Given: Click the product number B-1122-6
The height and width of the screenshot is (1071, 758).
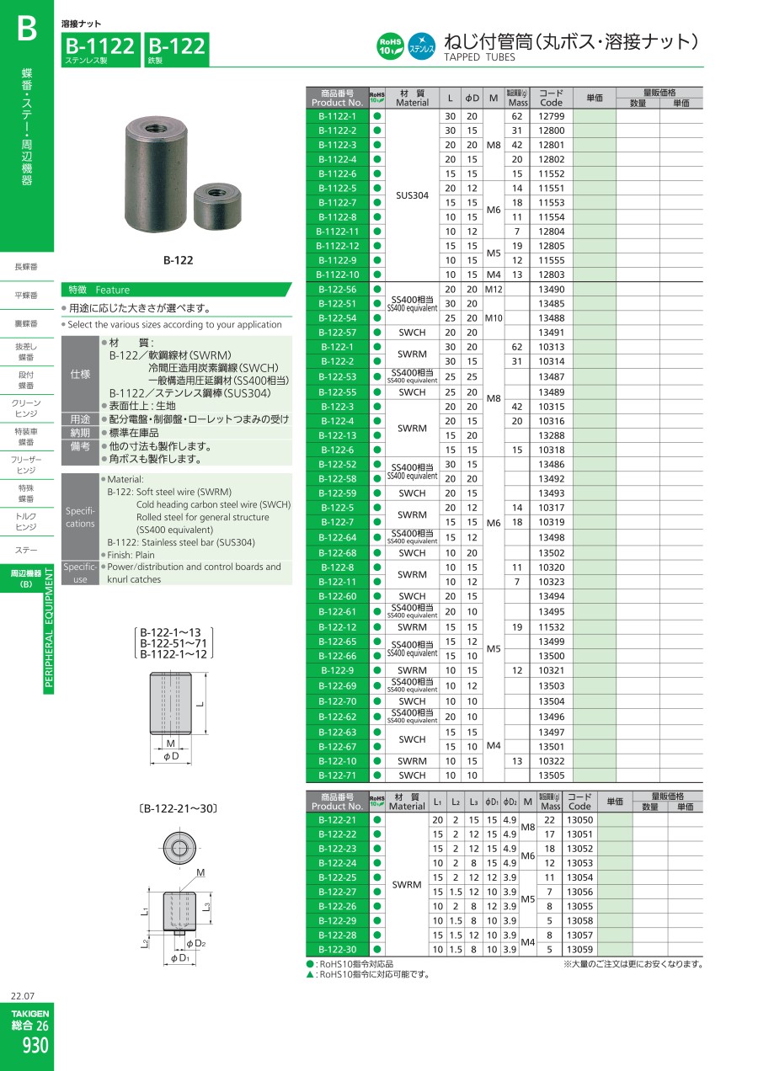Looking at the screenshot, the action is tap(337, 174).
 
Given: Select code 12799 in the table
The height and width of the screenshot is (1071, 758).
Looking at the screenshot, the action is tap(551, 116).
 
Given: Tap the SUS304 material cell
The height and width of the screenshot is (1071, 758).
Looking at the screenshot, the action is tap(412, 195).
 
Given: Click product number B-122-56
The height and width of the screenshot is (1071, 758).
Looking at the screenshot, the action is tap(337, 290).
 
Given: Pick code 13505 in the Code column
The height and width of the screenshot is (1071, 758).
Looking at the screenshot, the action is tap(551, 775).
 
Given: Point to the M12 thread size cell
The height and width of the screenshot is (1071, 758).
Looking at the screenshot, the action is tap(494, 290).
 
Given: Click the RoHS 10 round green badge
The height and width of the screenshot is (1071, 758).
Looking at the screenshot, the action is tap(390, 46).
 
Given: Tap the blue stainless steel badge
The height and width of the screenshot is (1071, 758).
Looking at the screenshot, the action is tap(421, 46).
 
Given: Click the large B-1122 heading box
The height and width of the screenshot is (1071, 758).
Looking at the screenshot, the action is tap(100, 49).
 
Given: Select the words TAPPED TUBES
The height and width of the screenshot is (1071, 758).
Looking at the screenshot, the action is tap(479, 57).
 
